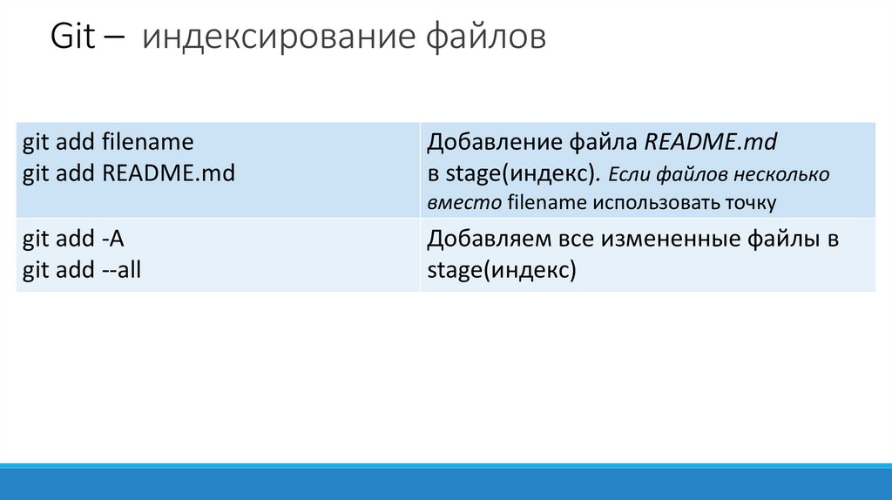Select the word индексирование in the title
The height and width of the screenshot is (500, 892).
coord(279,38)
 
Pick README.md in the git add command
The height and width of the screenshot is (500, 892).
coord(169,172)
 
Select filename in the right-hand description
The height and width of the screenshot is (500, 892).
coord(548,203)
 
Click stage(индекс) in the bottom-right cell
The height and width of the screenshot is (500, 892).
coord(502,270)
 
